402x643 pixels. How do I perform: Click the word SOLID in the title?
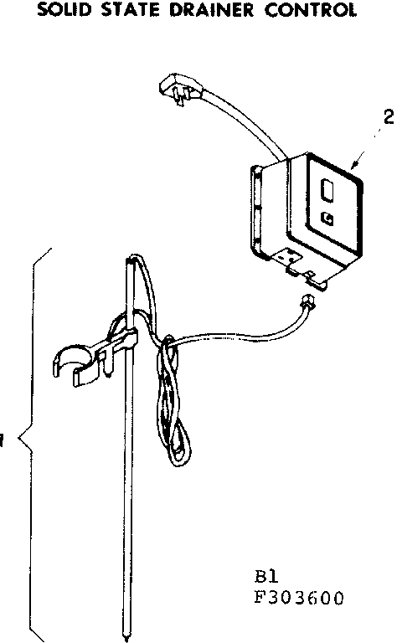tap(64, 10)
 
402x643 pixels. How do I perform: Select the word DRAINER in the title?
tap(212, 10)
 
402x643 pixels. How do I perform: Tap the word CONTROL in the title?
tap(311, 10)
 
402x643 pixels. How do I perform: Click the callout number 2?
tap(388, 117)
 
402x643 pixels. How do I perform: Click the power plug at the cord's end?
tap(181, 88)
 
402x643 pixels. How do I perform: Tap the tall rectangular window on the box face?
tap(327, 190)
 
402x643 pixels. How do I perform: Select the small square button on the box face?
tap(327, 219)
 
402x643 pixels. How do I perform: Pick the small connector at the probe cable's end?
tap(307, 303)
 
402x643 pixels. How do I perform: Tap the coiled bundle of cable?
tap(173, 402)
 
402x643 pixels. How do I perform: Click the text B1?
tap(266, 577)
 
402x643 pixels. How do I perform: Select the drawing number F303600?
tap(299, 599)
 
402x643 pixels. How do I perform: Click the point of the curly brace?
tap(19, 440)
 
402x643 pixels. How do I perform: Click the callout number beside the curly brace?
tap(2, 441)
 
